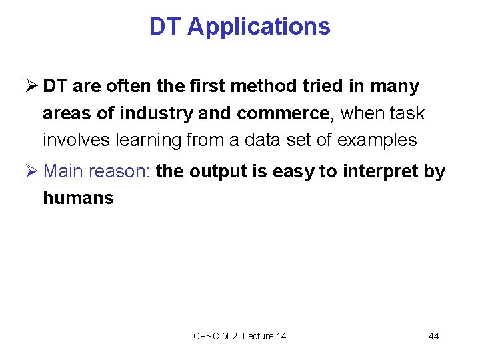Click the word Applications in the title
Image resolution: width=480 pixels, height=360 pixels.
click(x=259, y=27)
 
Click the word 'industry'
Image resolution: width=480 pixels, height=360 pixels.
click(x=157, y=113)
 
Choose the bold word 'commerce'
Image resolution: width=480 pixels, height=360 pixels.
click(x=283, y=113)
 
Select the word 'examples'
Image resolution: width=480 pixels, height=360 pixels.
click(x=377, y=141)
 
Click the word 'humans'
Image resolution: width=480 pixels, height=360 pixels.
click(x=78, y=198)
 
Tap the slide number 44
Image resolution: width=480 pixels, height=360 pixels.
click(x=433, y=336)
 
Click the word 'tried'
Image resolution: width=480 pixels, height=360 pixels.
click(x=324, y=86)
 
